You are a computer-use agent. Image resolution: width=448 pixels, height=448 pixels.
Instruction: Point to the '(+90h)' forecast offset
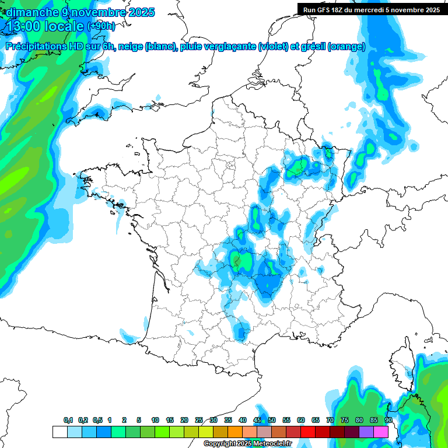(101, 26)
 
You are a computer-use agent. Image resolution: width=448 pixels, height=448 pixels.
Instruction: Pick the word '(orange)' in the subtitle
(346, 47)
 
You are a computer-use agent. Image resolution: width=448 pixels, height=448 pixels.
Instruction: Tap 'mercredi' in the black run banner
(383, 9)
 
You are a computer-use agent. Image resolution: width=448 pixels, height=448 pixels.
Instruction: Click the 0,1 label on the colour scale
(68, 420)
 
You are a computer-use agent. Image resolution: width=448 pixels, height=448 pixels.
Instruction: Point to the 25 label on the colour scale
(199, 420)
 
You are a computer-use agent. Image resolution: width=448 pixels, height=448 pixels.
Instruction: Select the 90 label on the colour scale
(388, 420)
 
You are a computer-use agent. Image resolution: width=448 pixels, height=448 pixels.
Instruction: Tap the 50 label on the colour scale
(272, 420)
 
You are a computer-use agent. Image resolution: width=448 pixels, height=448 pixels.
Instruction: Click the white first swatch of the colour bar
(60, 432)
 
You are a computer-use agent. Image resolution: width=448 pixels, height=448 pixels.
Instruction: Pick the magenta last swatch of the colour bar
(381, 432)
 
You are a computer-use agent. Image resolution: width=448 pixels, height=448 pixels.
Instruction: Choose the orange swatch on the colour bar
(235, 432)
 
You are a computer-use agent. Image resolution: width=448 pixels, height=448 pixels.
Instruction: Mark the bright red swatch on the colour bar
(308, 432)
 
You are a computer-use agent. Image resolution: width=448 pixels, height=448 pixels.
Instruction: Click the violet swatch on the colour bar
(366, 432)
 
